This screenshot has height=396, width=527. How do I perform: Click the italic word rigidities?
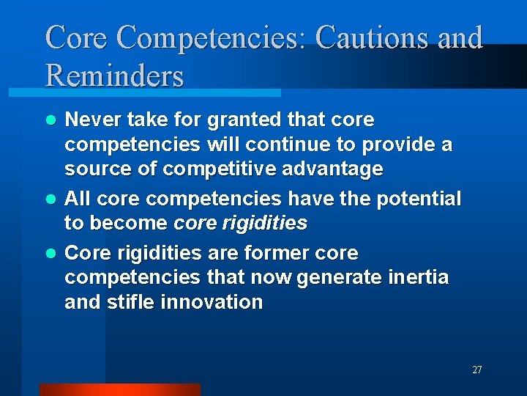tap(263, 223)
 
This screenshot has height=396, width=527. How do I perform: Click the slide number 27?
tap(476, 370)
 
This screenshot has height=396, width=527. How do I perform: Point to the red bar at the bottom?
tap(119, 389)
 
